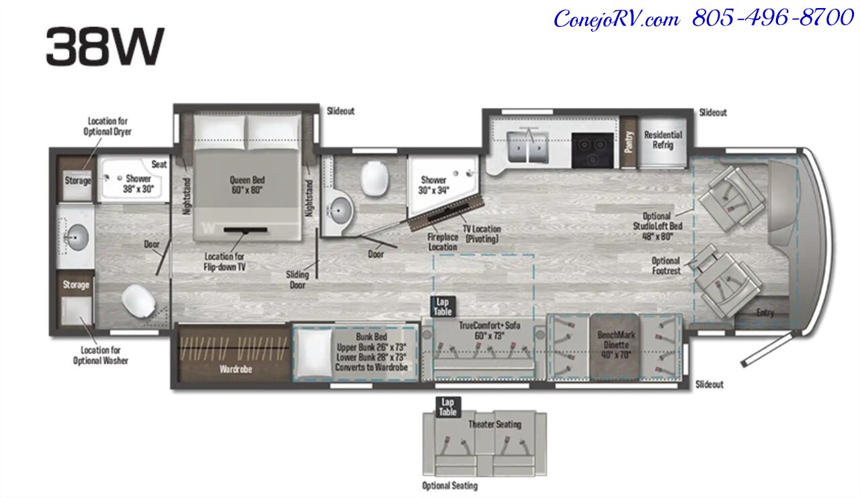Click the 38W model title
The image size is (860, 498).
tap(105, 48)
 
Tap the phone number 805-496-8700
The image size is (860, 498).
tap(773, 18)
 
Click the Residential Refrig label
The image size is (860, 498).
tap(662, 140)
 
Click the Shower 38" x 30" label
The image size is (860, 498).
tap(138, 184)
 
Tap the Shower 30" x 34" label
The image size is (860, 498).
tap(433, 185)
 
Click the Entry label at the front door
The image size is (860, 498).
tap(765, 313)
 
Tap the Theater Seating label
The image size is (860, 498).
tap(494, 424)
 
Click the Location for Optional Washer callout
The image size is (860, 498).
tap(100, 356)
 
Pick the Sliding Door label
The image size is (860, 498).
tap(297, 280)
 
